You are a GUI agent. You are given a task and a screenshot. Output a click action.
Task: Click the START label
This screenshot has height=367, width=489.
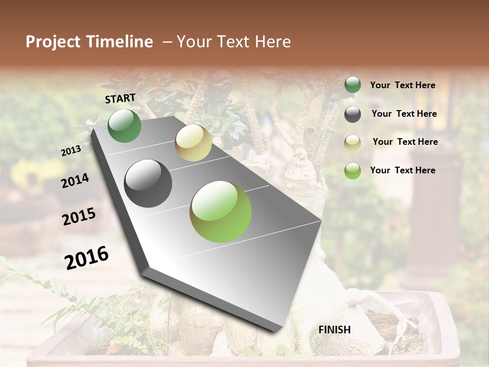[x=120, y=98]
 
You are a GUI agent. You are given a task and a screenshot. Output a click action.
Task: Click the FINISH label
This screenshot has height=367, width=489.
[x=334, y=330]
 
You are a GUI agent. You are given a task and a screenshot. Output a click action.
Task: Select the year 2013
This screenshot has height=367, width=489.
[x=71, y=151]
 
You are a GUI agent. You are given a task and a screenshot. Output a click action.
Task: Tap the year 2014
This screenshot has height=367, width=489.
[x=75, y=180]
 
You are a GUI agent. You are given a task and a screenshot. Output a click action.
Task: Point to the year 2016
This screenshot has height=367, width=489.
[x=87, y=257]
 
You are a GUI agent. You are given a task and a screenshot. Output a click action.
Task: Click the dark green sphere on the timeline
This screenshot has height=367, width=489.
[x=124, y=125]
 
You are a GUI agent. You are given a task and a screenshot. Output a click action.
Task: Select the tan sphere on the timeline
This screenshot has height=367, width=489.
[x=193, y=143]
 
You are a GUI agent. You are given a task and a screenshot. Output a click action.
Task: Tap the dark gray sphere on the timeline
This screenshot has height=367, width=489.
[x=148, y=183]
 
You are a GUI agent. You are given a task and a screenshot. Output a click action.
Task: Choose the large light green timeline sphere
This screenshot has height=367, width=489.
[x=221, y=212]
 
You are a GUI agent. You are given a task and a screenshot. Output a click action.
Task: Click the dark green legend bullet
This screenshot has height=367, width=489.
[x=352, y=85]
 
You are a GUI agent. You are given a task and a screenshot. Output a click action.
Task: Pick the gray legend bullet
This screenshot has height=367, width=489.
[x=352, y=114]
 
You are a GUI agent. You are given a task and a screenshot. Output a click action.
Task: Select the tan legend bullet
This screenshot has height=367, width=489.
[x=352, y=142]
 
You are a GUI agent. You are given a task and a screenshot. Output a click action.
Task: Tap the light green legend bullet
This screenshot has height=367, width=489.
[x=352, y=171]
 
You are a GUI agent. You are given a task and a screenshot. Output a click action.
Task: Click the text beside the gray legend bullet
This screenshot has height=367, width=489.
[x=404, y=114]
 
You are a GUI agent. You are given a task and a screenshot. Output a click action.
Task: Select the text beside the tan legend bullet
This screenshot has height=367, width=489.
[x=405, y=142]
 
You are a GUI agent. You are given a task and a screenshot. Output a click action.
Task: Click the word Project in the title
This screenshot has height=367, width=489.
[x=53, y=42]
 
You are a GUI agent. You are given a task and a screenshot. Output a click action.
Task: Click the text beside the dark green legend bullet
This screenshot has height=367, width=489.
[x=402, y=85]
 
